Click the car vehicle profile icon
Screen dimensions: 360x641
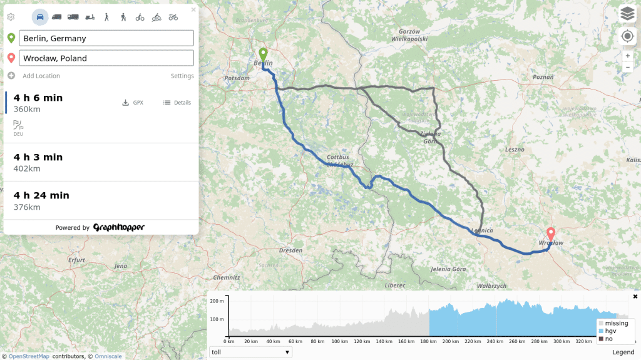pos(39,17)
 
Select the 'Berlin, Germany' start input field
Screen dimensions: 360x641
pos(106,38)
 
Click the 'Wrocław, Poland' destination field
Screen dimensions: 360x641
pos(106,58)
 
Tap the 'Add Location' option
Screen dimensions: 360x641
pos(41,76)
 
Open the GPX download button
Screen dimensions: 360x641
pos(133,103)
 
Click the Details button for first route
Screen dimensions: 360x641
pos(177,103)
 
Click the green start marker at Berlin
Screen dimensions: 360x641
pos(263,54)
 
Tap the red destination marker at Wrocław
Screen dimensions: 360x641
pos(551,234)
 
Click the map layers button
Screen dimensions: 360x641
pos(627,13)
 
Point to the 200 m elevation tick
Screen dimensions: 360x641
pos(217,301)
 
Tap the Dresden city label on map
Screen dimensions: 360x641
pos(291,250)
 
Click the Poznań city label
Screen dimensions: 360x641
pos(543,77)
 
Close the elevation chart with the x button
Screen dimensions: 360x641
pos(635,296)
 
